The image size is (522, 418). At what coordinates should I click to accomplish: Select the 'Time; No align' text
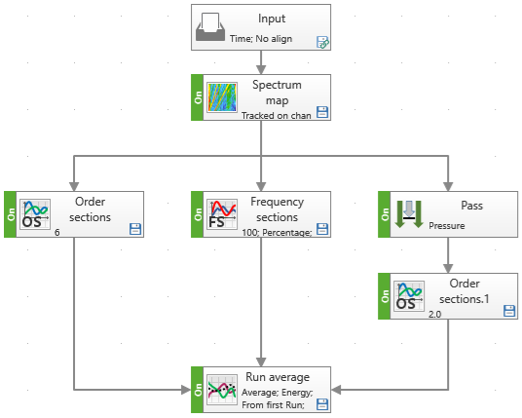point(261,39)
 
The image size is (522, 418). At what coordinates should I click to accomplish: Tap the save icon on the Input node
point(322,42)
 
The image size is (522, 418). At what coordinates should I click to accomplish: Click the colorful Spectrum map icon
point(222,97)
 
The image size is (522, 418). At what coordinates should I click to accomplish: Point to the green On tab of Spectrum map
point(198,97)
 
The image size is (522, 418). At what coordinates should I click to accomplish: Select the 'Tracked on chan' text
point(277,116)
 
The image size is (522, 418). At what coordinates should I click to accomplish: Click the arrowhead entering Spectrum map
point(261,69)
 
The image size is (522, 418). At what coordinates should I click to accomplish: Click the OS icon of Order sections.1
point(409,296)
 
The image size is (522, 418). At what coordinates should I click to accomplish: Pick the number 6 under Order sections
point(57,232)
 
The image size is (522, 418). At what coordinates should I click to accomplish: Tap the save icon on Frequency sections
point(322,229)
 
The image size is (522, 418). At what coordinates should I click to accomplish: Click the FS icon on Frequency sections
point(222,214)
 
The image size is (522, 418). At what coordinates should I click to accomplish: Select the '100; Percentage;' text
point(277,233)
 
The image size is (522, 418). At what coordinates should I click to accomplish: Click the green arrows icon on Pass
point(409,214)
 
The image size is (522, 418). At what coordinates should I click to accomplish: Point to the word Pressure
point(447,226)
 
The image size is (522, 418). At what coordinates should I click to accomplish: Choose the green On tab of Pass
point(384,214)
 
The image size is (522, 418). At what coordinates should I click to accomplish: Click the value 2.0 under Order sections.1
point(434,314)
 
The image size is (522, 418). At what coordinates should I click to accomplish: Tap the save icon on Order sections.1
point(509,311)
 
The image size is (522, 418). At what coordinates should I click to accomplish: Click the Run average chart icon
point(222,390)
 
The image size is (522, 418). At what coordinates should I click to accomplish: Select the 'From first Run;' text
point(273,405)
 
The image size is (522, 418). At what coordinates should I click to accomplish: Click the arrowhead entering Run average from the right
point(336,390)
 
